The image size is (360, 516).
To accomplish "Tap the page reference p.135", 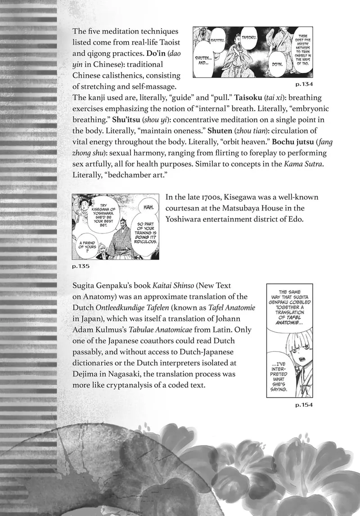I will tap(81, 266).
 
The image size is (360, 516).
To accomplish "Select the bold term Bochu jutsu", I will tap(252, 144).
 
